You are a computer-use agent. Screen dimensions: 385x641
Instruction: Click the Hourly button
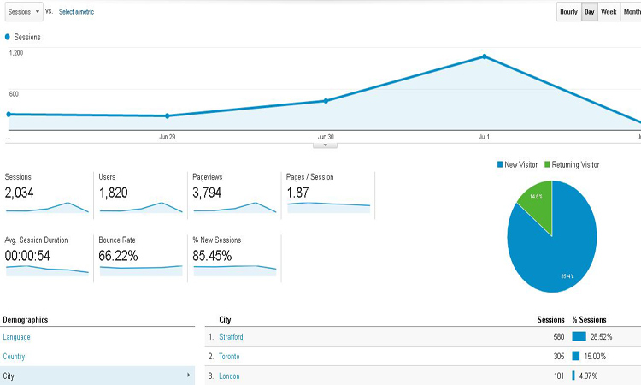click(x=568, y=12)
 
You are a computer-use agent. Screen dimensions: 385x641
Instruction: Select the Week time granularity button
click(x=609, y=12)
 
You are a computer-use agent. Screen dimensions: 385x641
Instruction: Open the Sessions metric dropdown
click(x=22, y=12)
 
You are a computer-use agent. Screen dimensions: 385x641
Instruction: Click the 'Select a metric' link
click(x=76, y=12)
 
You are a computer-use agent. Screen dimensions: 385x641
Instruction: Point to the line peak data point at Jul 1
click(x=485, y=56)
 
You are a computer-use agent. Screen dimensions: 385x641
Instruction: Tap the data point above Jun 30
click(x=326, y=101)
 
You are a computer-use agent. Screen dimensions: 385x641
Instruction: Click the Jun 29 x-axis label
click(x=168, y=137)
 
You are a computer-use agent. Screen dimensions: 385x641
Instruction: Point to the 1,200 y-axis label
click(x=16, y=53)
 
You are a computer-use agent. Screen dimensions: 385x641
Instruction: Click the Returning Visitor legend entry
click(x=574, y=164)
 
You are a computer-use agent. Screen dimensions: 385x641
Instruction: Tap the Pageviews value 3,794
click(x=208, y=192)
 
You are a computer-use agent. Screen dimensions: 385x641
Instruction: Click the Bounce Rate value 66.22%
click(x=119, y=256)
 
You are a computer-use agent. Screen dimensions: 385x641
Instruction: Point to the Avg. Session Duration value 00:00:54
click(x=27, y=256)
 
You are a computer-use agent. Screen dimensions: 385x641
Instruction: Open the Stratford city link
click(x=231, y=337)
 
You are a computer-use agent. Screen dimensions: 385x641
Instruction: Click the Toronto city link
click(x=229, y=357)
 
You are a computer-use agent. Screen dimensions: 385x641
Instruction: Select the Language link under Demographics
click(x=16, y=337)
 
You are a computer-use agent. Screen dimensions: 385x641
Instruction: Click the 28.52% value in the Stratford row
click(x=601, y=337)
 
